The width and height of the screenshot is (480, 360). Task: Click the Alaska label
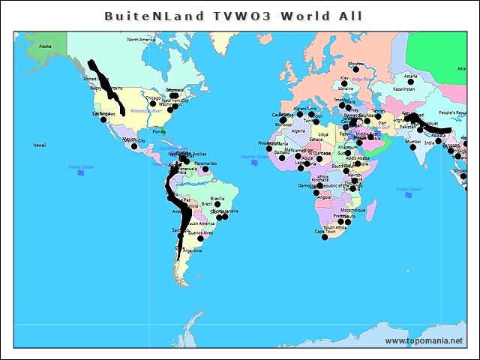[x=45, y=46]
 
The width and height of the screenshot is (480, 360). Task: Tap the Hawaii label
[x=40, y=145]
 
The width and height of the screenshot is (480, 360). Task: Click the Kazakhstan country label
[x=403, y=88]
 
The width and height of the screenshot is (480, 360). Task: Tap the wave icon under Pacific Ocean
[x=80, y=173]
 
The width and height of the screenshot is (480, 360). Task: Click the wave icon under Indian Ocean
[x=409, y=195]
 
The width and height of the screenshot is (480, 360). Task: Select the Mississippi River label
[x=145, y=111]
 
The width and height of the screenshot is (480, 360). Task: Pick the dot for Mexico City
[x=133, y=145]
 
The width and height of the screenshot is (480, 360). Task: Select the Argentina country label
[x=192, y=250]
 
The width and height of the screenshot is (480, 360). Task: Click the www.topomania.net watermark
[x=424, y=341]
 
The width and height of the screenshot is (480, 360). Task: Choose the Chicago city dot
[x=153, y=103]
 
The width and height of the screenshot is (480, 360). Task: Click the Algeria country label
[x=298, y=130]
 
